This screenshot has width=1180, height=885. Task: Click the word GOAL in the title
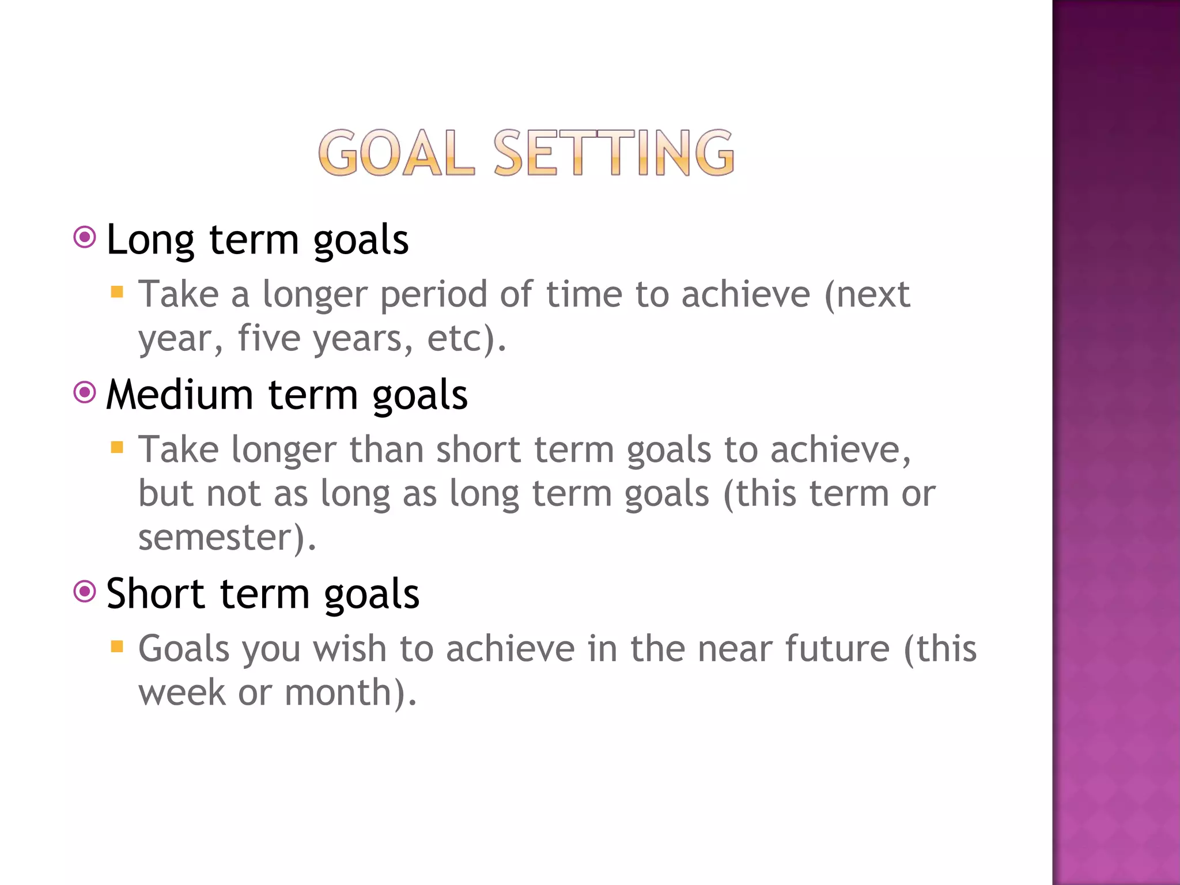(396, 153)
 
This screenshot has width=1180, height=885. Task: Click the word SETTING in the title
(614, 153)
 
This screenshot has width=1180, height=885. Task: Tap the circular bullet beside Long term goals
(85, 237)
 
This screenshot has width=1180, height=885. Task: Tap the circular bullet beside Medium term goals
(85, 392)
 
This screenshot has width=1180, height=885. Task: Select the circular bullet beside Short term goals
(85, 591)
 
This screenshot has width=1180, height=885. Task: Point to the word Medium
(180, 396)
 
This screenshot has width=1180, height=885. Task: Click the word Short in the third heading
(156, 594)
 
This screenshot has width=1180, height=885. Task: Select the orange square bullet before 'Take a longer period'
(117, 292)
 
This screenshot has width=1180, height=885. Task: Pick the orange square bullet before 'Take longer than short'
(117, 447)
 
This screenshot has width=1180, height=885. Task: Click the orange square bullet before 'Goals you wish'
(117, 646)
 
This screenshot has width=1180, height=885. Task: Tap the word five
(268, 338)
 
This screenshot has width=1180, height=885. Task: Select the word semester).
(227, 538)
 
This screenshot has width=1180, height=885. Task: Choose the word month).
(350, 693)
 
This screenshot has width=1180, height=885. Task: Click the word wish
(349, 649)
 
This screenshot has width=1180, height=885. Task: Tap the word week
(182, 693)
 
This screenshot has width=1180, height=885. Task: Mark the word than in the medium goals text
(387, 450)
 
